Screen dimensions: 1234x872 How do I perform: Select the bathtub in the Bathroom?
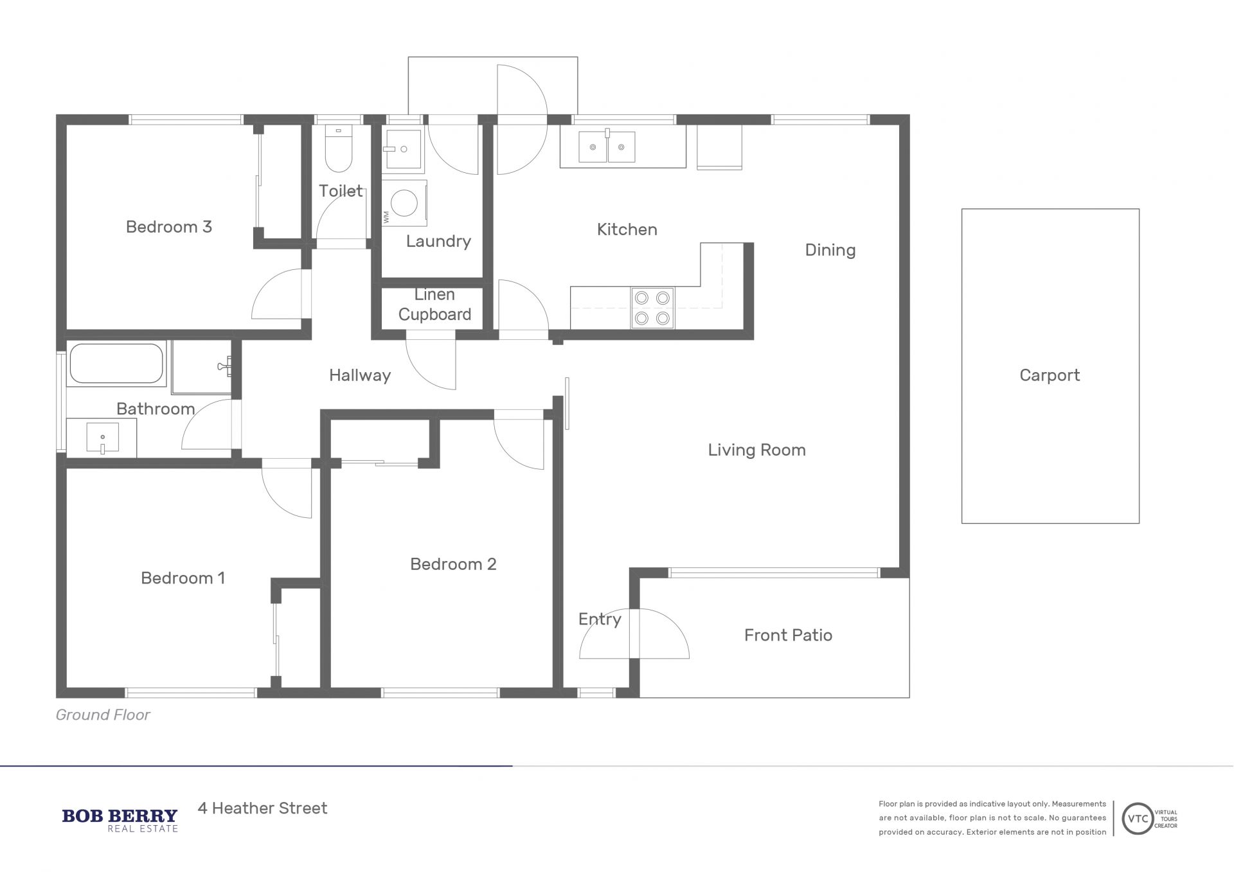tap(116, 364)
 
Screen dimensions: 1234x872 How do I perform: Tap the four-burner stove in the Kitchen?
tap(652, 308)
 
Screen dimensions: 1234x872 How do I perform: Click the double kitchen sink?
tap(607, 147)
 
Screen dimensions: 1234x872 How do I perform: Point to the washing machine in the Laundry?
tap(404, 203)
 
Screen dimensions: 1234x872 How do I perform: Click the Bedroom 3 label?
tap(169, 227)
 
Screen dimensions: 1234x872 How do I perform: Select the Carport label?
tap(1050, 375)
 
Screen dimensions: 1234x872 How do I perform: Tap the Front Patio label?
tap(788, 635)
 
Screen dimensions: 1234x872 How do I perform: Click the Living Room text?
tap(756, 450)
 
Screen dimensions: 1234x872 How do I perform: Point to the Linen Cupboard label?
tap(434, 305)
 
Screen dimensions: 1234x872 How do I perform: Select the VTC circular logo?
tap(1138, 819)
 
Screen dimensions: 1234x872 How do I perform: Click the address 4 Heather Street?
tap(262, 808)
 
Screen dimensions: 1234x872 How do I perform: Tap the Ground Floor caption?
tap(103, 715)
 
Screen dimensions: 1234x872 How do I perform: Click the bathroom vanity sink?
tap(102, 438)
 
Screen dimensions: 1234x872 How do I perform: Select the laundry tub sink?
tap(402, 149)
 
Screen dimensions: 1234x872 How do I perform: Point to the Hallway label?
tap(360, 375)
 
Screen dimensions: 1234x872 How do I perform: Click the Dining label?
tap(830, 250)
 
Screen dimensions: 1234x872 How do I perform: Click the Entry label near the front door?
tap(600, 619)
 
